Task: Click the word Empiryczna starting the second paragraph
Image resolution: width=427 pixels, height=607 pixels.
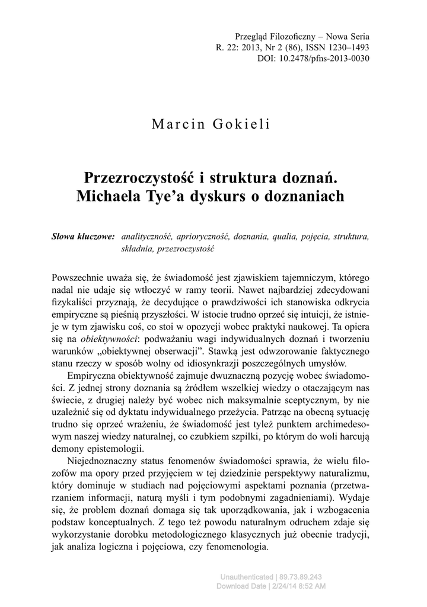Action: [x=95, y=377]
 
